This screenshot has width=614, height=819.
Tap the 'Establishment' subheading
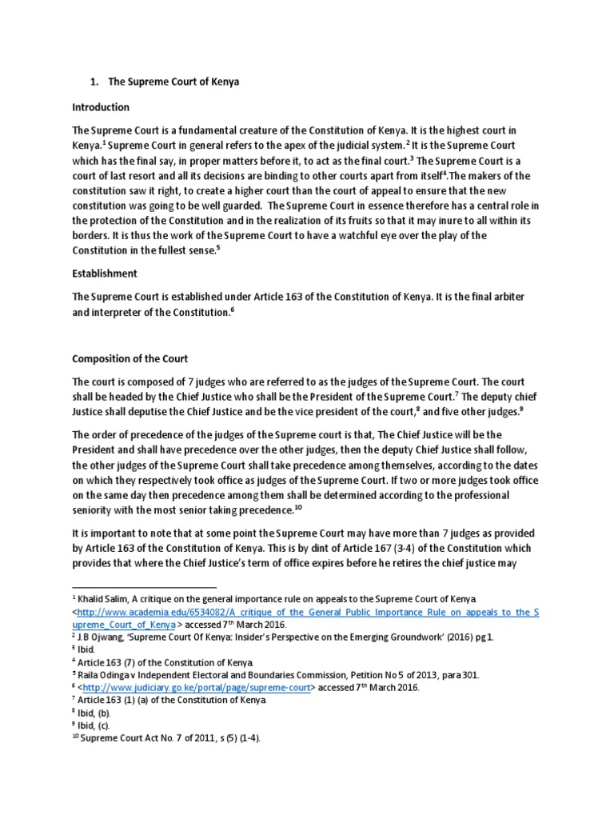click(x=104, y=273)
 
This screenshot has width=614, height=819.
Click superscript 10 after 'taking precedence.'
click(x=299, y=506)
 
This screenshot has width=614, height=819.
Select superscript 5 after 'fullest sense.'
click(x=218, y=248)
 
